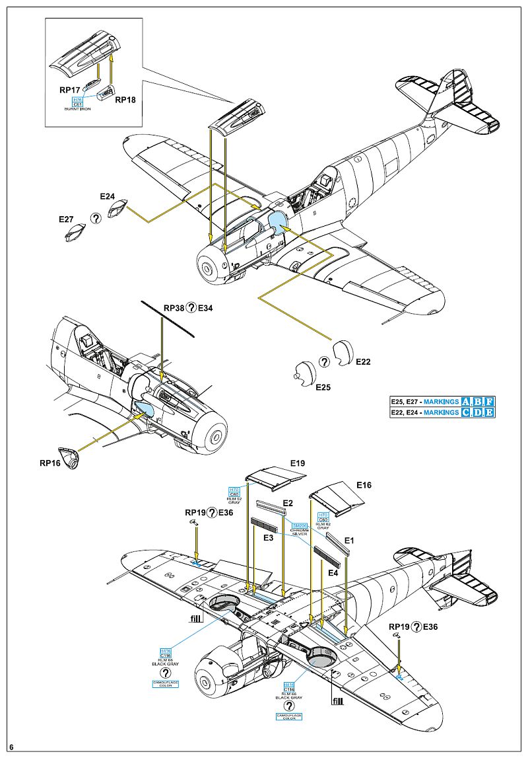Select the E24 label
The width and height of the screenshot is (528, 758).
click(x=108, y=196)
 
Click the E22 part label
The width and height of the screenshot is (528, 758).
click(x=363, y=362)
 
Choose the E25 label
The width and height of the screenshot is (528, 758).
click(x=323, y=387)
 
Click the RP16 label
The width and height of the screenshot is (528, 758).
click(x=50, y=463)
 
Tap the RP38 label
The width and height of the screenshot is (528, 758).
click(x=175, y=307)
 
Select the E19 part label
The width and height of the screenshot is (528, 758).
click(x=297, y=463)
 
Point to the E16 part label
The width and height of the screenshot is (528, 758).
click(x=364, y=484)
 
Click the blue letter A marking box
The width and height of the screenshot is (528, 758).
click(x=467, y=402)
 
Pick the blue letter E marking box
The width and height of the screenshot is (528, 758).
click(x=489, y=412)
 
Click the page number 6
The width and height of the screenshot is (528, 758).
click(x=12, y=747)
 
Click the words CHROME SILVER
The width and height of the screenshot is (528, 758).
click(x=300, y=531)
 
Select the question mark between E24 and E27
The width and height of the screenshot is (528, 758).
click(x=96, y=217)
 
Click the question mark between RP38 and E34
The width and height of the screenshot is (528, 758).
click(x=191, y=307)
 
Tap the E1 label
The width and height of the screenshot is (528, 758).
click(x=350, y=541)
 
